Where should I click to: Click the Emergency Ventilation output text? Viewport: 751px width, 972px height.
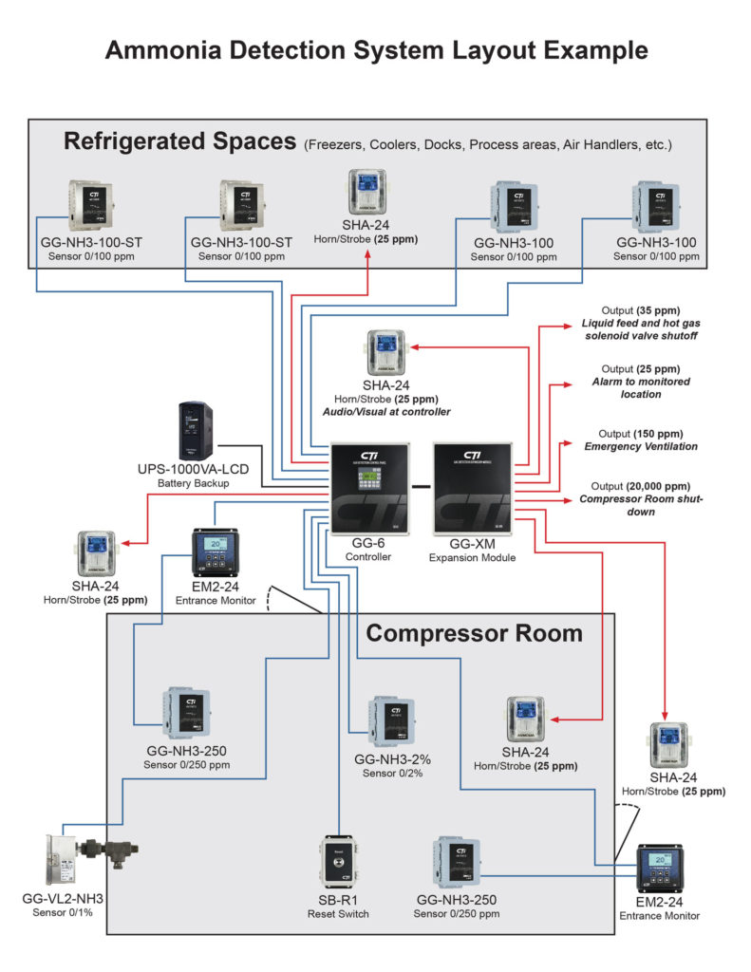coord(640,446)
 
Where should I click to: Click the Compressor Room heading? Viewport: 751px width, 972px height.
coord(474,633)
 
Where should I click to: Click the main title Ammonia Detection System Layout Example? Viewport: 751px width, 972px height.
coord(376,50)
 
